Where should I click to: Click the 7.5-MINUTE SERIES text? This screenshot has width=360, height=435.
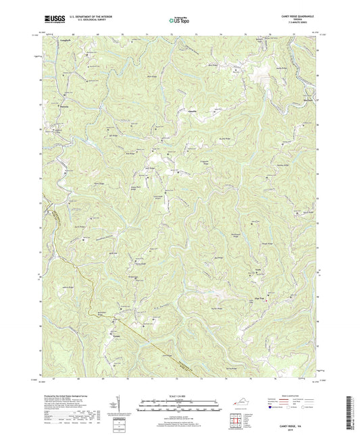pyautogui.click(x=297, y=25)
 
